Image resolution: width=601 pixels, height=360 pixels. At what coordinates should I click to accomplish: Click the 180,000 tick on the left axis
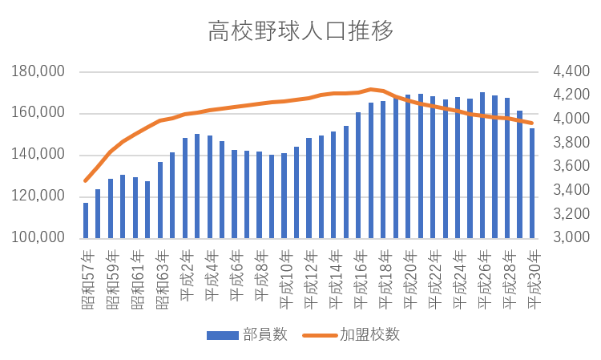pyautogui.click(x=39, y=72)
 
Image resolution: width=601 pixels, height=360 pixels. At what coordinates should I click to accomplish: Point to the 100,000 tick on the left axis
pyautogui.click(x=39, y=238)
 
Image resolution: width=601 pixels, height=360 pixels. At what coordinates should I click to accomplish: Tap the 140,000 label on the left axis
pyautogui.click(x=39, y=155)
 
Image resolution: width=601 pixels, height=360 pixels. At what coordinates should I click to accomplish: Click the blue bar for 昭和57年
pyautogui.click(x=86, y=220)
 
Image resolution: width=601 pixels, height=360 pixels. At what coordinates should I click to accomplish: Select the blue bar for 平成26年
pyautogui.click(x=482, y=166)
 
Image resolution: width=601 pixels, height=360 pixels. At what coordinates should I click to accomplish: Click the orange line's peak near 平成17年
pyautogui.click(x=371, y=89)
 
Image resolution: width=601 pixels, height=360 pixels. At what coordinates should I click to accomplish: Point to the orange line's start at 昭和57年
pyautogui.click(x=86, y=181)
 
